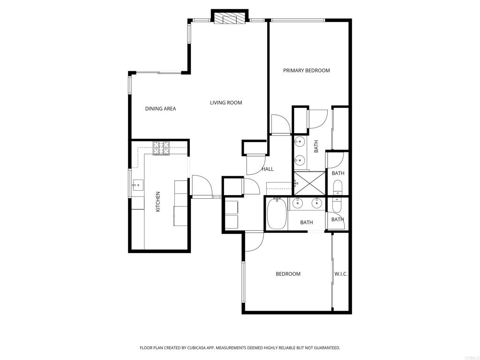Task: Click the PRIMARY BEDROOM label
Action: [x=306, y=71]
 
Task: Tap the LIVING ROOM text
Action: [x=226, y=103]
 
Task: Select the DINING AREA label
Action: [x=160, y=109]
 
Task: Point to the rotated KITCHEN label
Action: [x=158, y=202]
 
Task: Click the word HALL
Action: [x=268, y=169]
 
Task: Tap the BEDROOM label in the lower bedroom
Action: [x=288, y=274]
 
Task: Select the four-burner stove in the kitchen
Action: [x=161, y=148]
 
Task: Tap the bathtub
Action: [x=277, y=214]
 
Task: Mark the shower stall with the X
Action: [x=309, y=183]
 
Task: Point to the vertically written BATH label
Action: [x=316, y=146]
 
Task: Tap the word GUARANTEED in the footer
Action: [x=325, y=348]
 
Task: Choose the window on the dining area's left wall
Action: [x=130, y=85]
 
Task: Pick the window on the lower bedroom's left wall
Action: [x=243, y=281]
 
